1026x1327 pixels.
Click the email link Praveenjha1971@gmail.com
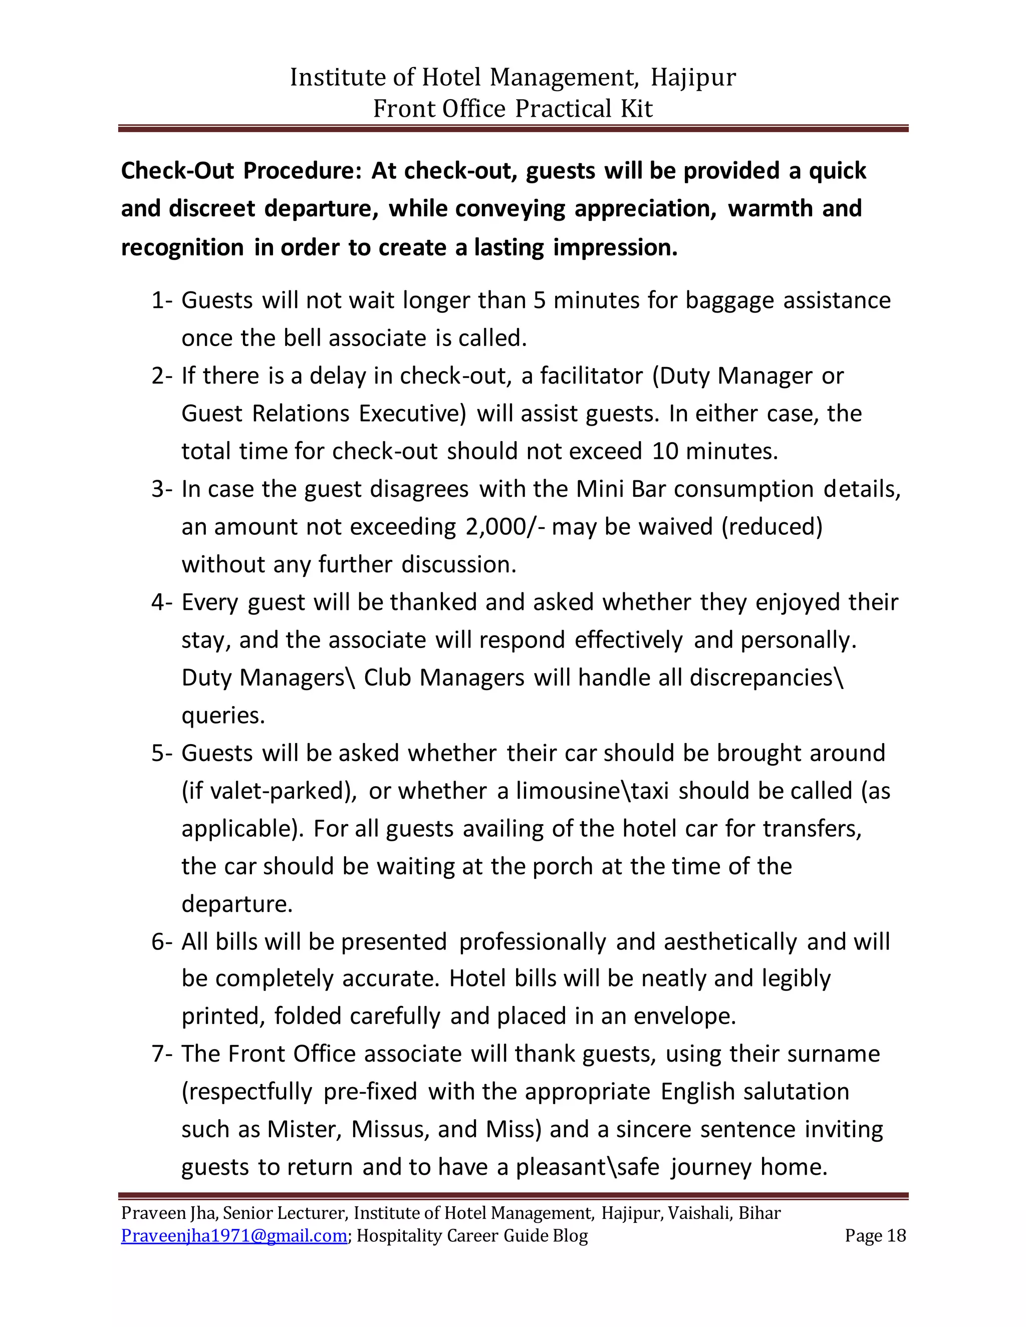click(234, 1236)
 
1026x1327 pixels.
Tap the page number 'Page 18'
click(875, 1236)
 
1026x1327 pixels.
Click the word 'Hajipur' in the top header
click(693, 78)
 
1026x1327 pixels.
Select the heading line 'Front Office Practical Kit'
click(512, 109)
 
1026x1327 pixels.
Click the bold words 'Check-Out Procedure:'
click(241, 171)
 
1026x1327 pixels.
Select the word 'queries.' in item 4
click(223, 716)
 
